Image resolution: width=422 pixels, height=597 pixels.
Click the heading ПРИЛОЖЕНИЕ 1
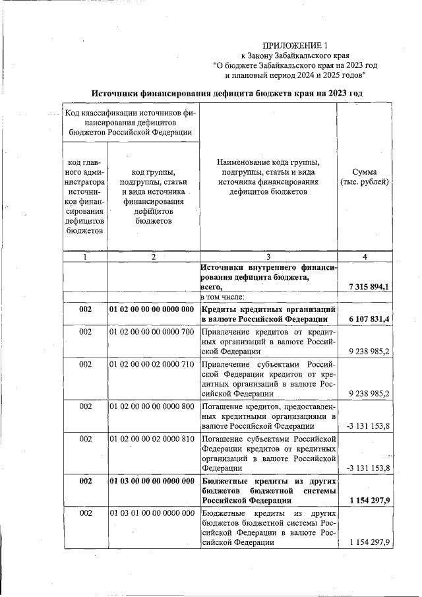pyautogui.click(x=295, y=46)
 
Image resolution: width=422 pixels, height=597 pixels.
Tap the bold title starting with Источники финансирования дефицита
pyautogui.click(x=227, y=93)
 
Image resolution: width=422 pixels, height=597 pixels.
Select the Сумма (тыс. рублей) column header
pyautogui.click(x=365, y=177)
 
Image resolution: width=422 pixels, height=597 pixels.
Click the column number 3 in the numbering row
pyautogui.click(x=268, y=257)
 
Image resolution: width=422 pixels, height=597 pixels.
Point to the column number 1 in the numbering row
pyautogui.click(x=85, y=257)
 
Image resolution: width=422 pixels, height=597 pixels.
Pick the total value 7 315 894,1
pyautogui.click(x=368, y=286)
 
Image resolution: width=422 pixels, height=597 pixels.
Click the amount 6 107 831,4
pyautogui.click(x=368, y=319)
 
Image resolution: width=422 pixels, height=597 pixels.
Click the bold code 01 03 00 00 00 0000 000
pyautogui.click(x=152, y=480)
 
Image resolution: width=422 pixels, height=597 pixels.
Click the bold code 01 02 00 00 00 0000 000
pyautogui.click(x=152, y=309)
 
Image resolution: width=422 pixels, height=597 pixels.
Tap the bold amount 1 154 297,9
pyautogui.click(x=368, y=500)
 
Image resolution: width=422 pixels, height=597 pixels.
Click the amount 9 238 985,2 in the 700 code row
pyautogui.click(x=368, y=351)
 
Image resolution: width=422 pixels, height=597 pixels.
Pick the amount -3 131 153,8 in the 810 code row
pyautogui.click(x=368, y=468)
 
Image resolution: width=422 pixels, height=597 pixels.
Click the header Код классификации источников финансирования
pyautogui.click(x=131, y=122)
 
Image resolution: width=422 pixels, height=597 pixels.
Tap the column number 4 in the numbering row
pyautogui.click(x=365, y=257)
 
